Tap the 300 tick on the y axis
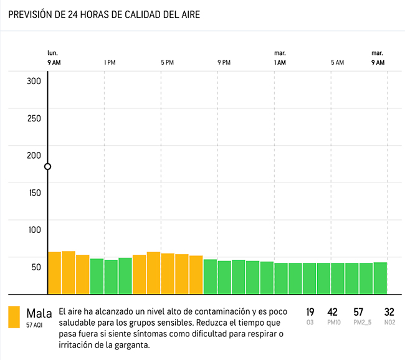34,81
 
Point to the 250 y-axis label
34,118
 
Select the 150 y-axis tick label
34,192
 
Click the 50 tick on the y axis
36,267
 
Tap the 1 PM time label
110,62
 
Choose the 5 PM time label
167,62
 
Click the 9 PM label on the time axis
224,62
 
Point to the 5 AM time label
337,62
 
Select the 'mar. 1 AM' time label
280,59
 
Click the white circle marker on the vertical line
47,166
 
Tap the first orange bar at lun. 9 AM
54,273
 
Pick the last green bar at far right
380,278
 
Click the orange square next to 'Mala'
14,316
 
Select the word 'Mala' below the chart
39,313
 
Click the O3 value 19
310,312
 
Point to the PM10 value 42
333,312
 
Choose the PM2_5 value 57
358,312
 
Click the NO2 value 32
389,312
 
